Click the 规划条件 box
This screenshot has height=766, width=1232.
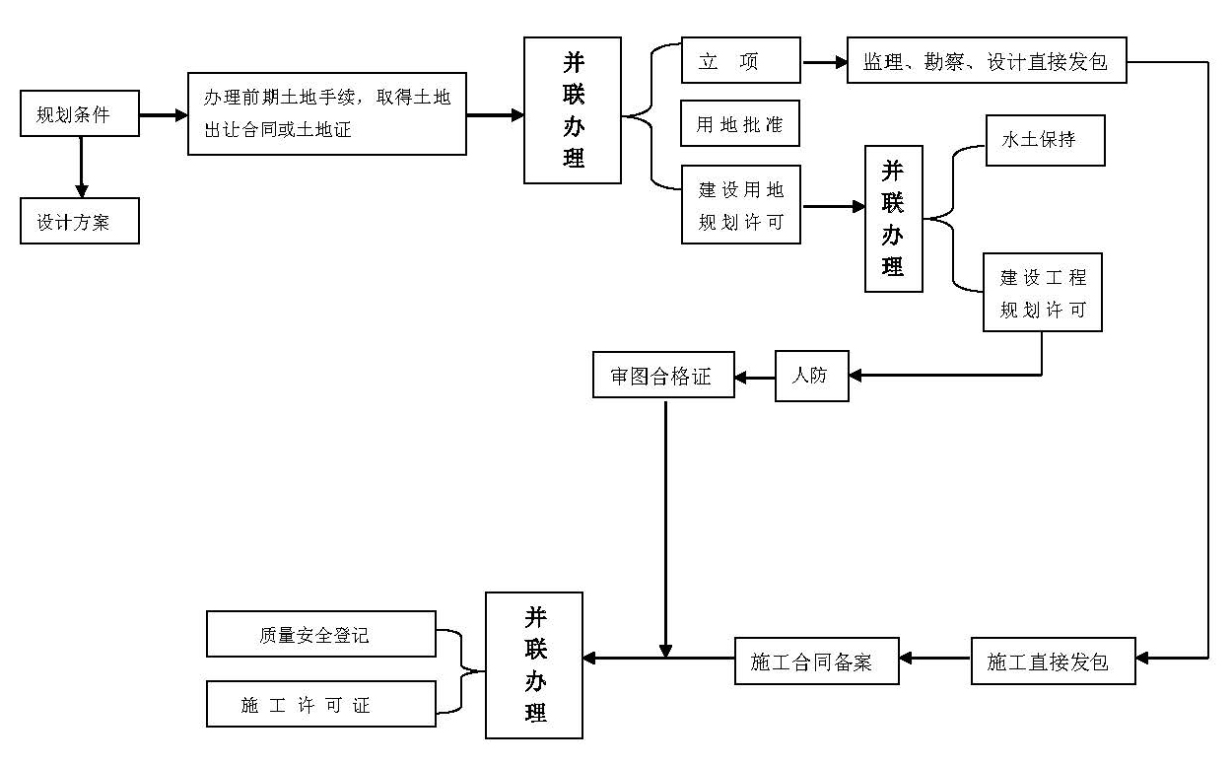80,113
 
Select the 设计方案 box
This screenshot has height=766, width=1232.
80,222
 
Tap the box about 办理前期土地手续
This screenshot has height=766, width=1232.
326,113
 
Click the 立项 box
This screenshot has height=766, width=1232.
740,61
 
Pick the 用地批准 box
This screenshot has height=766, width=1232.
740,124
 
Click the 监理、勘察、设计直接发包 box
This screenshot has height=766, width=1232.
986,61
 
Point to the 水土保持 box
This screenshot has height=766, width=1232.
1045,140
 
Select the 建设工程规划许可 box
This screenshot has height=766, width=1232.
1042,293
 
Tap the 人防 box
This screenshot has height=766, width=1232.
811,376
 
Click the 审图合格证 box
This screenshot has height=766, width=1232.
663,376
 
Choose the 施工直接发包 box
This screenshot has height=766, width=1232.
1053,661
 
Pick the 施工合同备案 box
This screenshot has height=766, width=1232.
816,661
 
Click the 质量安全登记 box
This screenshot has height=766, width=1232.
321,634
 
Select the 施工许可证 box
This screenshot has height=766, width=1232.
321,704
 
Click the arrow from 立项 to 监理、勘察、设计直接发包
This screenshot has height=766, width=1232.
825,62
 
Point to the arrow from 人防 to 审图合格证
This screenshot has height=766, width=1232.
755,377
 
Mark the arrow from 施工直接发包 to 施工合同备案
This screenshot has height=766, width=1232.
935,659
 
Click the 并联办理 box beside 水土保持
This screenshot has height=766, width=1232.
894,219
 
